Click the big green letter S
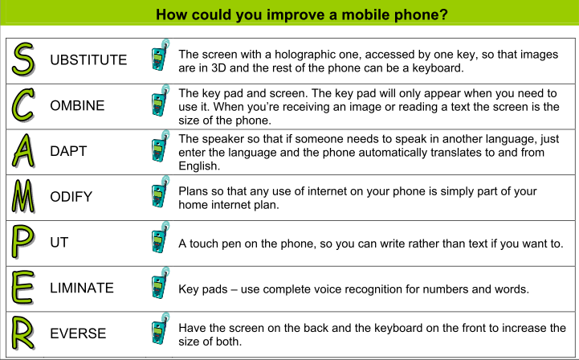point(23,59)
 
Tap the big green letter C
point(23,105)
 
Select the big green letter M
point(23,196)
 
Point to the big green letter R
point(23,333)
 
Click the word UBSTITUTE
point(88,60)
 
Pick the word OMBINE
point(77,106)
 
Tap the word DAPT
point(68,151)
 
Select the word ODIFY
point(71,197)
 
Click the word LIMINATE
point(82,288)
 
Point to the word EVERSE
point(78,333)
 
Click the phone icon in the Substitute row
point(161,55)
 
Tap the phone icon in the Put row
point(161,237)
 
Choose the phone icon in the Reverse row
point(161,329)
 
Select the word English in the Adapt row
point(199,166)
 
